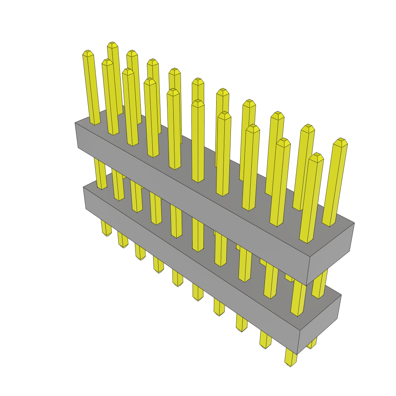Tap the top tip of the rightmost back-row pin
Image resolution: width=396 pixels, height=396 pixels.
[340, 140]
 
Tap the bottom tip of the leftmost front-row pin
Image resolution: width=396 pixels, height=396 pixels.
[107, 234]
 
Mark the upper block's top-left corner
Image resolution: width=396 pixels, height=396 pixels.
[75, 123]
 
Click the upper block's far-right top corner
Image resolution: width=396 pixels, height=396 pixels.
[354, 223]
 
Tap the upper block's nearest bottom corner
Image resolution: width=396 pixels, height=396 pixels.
[306, 286]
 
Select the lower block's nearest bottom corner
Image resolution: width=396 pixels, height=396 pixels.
[297, 354]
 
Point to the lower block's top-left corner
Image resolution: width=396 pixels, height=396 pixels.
[83, 187]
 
